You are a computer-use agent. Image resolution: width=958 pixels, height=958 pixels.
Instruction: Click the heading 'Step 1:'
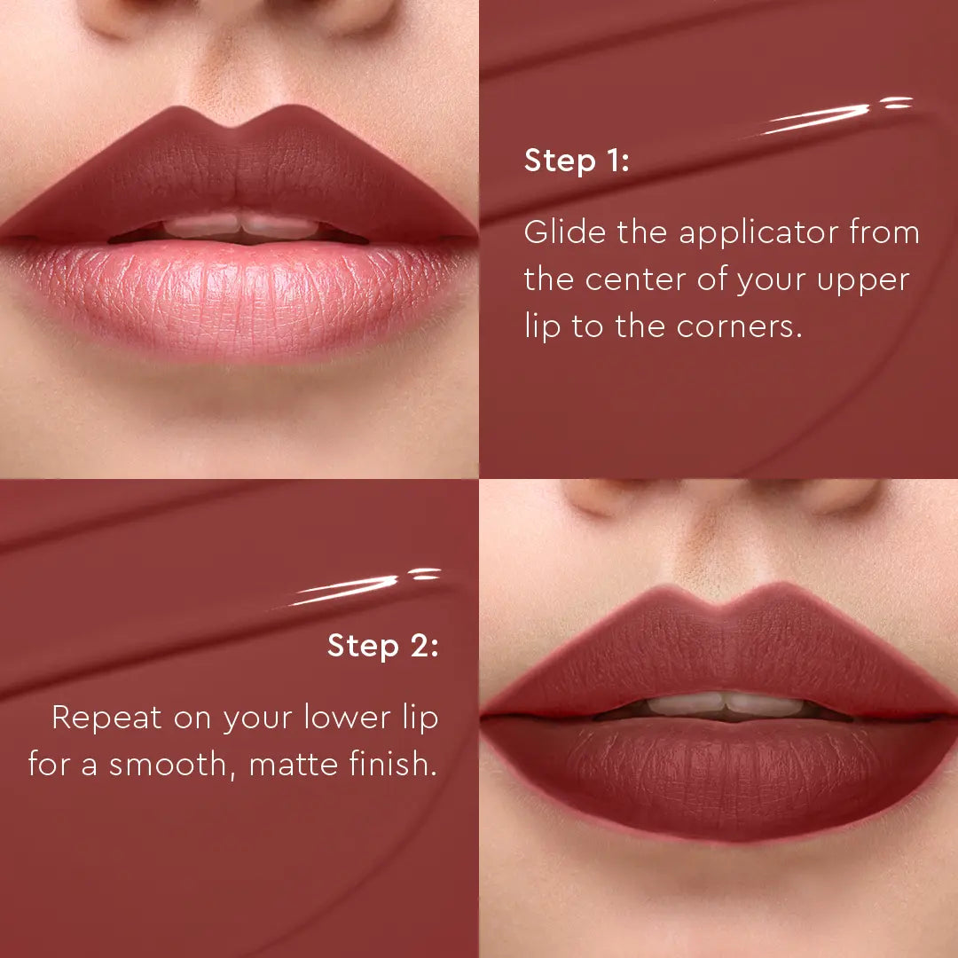click(x=577, y=161)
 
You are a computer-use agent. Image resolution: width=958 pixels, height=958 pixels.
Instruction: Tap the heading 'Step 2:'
click(x=382, y=645)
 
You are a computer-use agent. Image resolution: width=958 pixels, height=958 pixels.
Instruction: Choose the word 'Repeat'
click(x=106, y=717)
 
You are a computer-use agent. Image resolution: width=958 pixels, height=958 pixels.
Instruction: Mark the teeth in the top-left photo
click(x=239, y=225)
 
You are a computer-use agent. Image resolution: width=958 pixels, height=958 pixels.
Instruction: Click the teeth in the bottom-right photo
click(x=723, y=704)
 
